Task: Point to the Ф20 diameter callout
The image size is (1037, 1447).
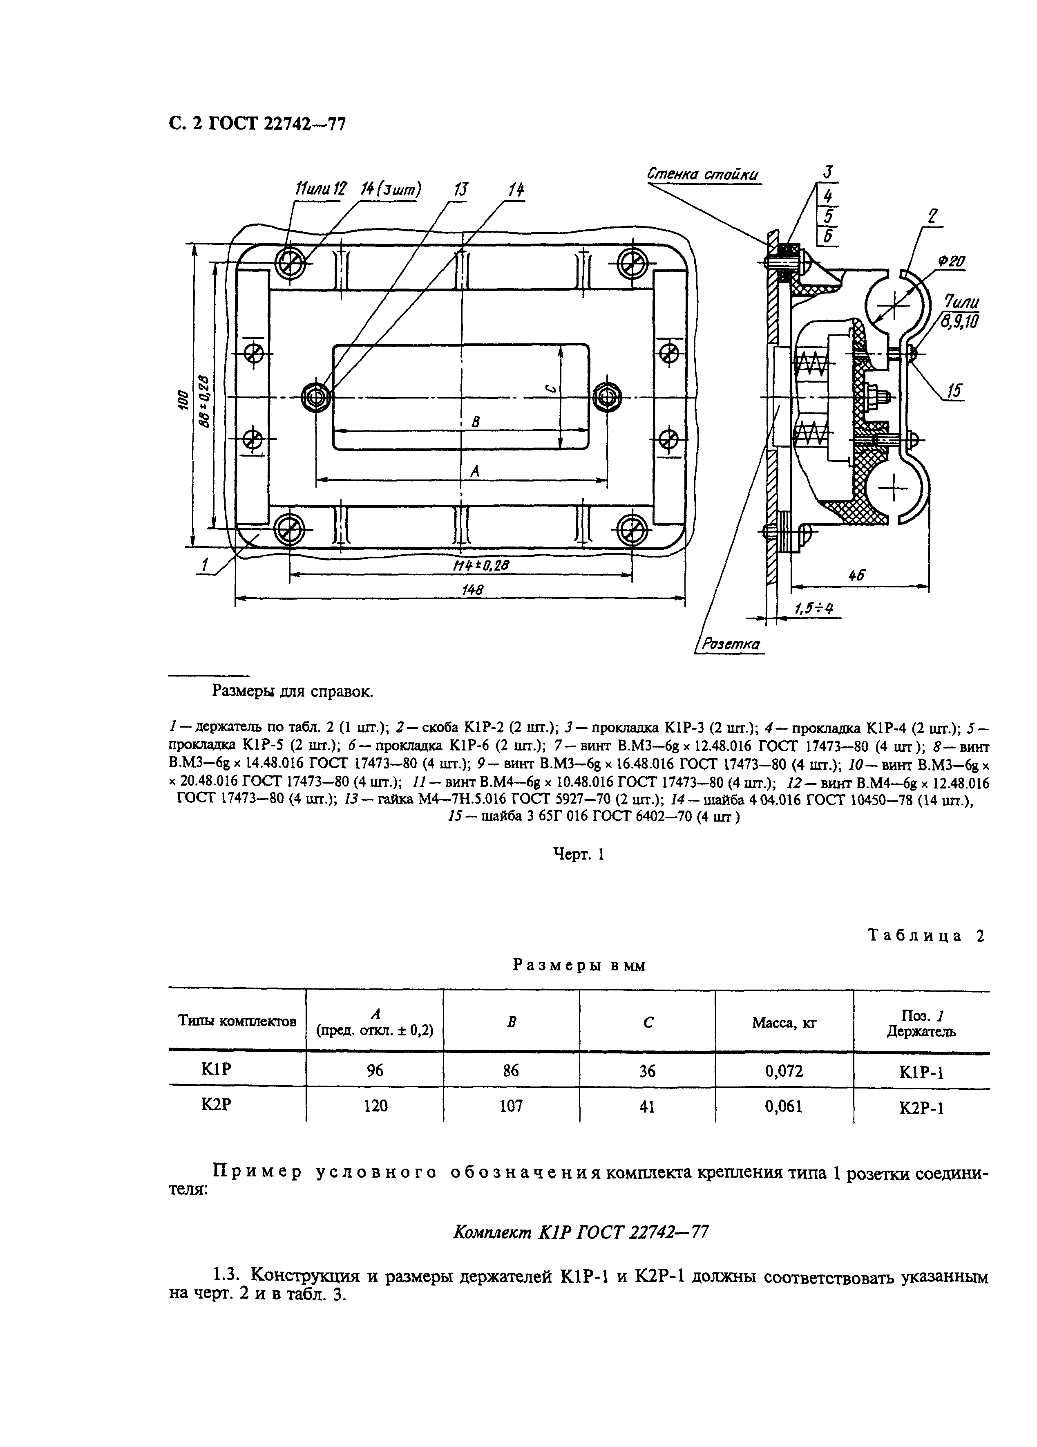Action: [x=951, y=262]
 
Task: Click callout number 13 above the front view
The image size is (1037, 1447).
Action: [x=460, y=190]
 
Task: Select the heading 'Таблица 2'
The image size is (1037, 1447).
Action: [x=925, y=935]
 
